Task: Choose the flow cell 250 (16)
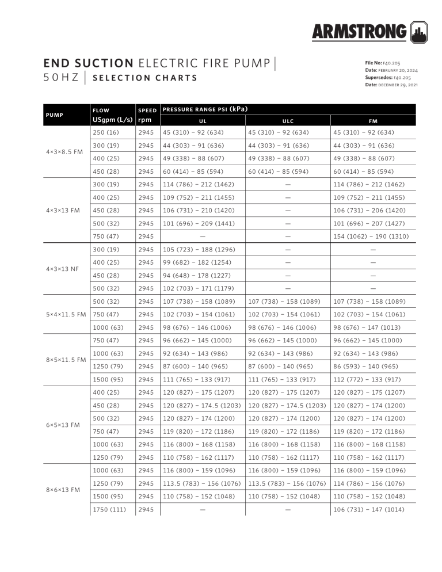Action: [106, 133]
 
